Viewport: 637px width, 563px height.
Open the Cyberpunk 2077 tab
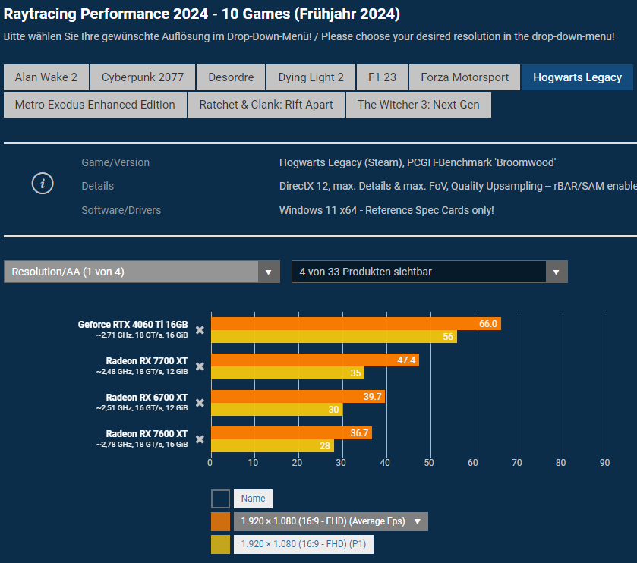143,77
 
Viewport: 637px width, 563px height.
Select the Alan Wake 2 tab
46,77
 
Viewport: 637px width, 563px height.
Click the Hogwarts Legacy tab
577,77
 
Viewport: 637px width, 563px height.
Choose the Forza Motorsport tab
465,77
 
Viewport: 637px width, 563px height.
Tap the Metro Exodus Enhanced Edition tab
95,105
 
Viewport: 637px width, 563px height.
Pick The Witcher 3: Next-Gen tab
418,105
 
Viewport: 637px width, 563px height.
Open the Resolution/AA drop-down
141,272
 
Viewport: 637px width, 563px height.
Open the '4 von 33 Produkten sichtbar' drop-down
429,272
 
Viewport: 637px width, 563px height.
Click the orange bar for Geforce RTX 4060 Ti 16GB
355,324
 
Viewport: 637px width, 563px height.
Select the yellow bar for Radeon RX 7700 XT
287,373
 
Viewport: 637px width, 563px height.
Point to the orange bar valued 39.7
298,397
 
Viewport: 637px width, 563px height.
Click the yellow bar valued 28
272,446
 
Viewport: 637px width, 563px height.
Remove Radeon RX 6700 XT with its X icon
200,403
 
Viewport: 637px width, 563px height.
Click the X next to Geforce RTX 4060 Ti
200,330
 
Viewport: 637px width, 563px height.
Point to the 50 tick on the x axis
430,461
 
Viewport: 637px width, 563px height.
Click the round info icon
43,184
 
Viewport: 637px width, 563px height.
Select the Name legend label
253,499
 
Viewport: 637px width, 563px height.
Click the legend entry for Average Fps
330,521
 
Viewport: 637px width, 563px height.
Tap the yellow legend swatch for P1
220,544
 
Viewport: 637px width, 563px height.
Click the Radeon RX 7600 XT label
147,434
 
